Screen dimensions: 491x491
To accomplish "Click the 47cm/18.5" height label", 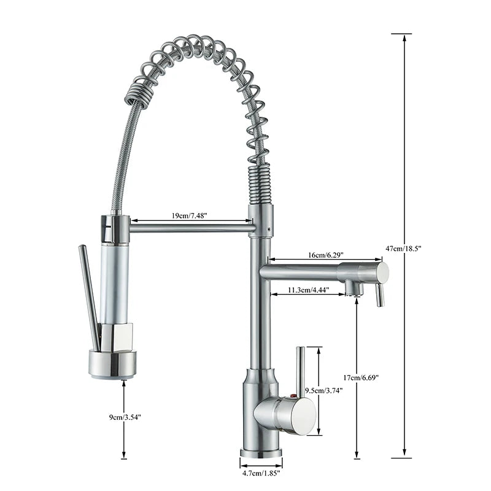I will pyautogui.click(x=404, y=248).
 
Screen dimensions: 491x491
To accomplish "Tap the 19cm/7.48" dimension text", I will pyautogui.click(x=188, y=215).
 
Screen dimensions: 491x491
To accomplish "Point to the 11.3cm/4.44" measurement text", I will pyautogui.click(x=309, y=289).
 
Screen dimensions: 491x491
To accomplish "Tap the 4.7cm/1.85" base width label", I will pyautogui.click(x=261, y=473).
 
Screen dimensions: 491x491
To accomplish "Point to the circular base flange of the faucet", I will pyautogui.click(x=261, y=453).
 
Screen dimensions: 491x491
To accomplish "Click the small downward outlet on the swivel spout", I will pyautogui.click(x=350, y=287).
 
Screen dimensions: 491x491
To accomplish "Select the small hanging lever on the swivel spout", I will pyautogui.click(x=380, y=295).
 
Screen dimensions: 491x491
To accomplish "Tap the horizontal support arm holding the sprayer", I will pyautogui.click(x=190, y=228).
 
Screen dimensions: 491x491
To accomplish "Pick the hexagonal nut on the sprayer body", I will pyautogui.click(x=116, y=336).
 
